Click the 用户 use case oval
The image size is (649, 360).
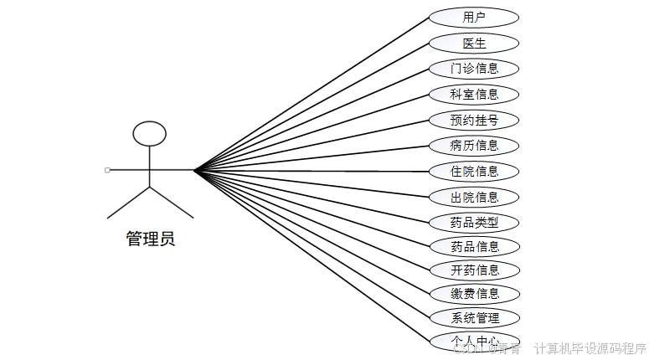[x=474, y=17]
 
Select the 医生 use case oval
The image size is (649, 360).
[x=474, y=43]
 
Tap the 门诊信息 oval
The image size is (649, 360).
[x=474, y=69]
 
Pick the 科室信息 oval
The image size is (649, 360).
[x=474, y=95]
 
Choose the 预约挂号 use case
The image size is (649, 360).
[x=474, y=121]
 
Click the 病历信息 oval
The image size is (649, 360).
[x=474, y=146]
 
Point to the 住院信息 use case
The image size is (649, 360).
[x=474, y=172]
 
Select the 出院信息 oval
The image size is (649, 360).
[x=474, y=198]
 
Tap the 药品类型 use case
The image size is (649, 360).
[x=474, y=223]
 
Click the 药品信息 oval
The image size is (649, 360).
[x=474, y=247]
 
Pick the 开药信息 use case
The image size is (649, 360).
[x=474, y=270]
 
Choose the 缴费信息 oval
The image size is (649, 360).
[x=474, y=294]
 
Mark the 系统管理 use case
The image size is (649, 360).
[x=474, y=318]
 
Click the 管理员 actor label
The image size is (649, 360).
[x=150, y=239]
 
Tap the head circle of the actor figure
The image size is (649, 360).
[x=150, y=133]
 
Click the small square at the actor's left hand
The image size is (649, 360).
[x=107, y=170]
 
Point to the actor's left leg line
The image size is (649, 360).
[x=128, y=203]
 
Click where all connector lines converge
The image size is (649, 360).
[x=194, y=171]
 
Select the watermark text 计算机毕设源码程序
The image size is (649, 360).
[x=590, y=348]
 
